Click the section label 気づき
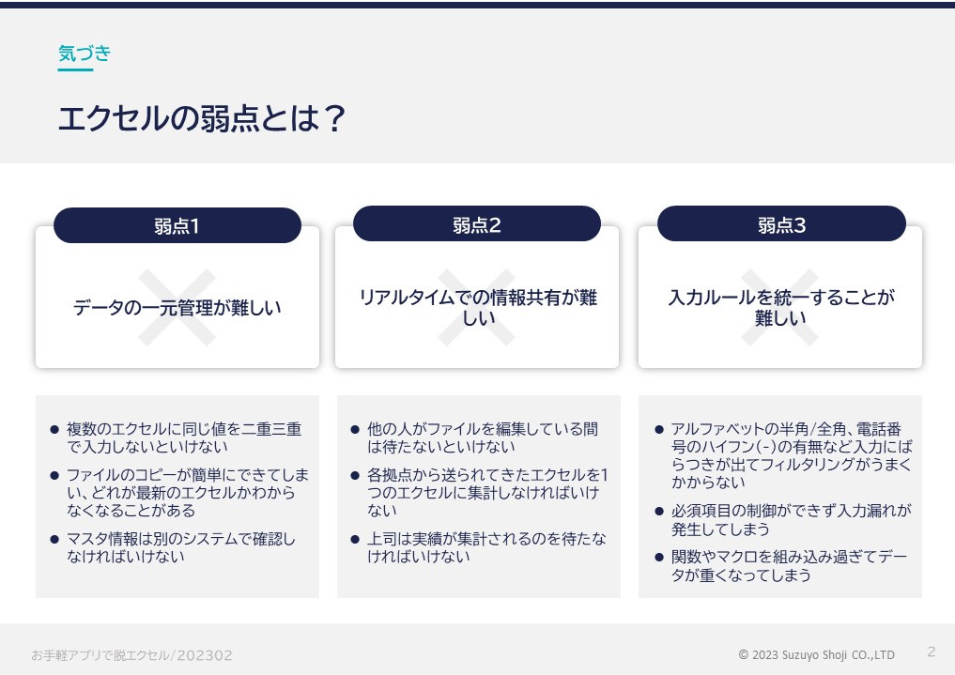coord(85,54)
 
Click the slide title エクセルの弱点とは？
coord(202,118)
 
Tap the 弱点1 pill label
coord(177,226)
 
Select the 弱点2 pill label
coord(476,225)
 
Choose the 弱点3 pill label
coord(781,225)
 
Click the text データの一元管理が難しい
coord(177,307)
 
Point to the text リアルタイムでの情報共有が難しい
coord(478,307)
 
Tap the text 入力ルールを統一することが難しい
coord(781,307)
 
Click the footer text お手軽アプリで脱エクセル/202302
coord(131,655)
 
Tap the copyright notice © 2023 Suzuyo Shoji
coord(816,655)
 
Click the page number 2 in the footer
coord(932,652)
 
